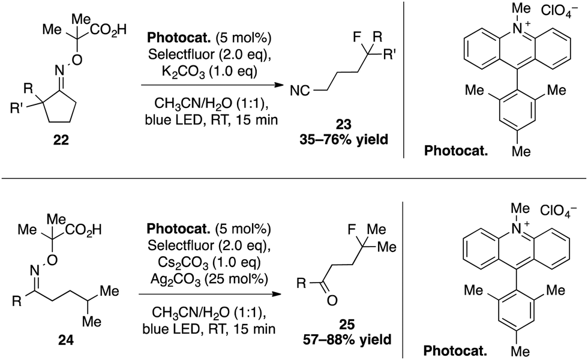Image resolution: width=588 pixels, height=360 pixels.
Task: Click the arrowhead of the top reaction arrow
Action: (280, 86)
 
